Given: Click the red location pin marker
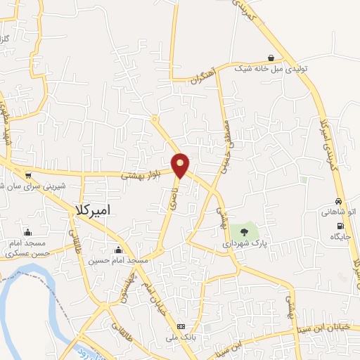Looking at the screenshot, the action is click(181, 164).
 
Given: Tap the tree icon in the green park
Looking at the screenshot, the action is click(244, 230).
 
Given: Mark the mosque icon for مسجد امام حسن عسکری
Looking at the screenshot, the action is click(27, 232).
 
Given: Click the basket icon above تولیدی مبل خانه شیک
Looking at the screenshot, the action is click(271, 58).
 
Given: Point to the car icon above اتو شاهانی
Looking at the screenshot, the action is click(339, 201).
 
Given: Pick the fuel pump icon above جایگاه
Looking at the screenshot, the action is click(340, 226).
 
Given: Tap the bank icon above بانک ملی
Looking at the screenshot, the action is click(181, 327).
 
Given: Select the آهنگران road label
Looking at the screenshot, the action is click(201, 77).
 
